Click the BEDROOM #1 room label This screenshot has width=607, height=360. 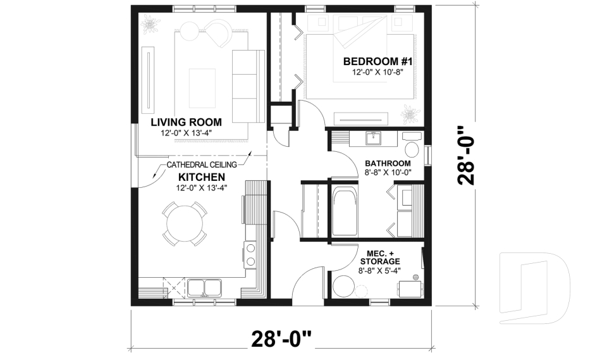tap(377, 61)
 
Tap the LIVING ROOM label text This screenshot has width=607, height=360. tap(186, 122)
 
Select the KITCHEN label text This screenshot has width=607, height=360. tap(201, 177)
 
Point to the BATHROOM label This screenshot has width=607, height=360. tap(388, 163)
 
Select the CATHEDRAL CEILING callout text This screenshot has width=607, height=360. tap(202, 164)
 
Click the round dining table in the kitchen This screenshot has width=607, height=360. tap(185, 223)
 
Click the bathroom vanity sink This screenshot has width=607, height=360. tap(374, 139)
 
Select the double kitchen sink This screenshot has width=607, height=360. tap(204, 289)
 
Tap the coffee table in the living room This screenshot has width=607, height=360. tap(202, 88)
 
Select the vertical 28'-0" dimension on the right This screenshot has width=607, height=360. tap(466, 156)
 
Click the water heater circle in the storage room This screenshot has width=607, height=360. tap(343, 287)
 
